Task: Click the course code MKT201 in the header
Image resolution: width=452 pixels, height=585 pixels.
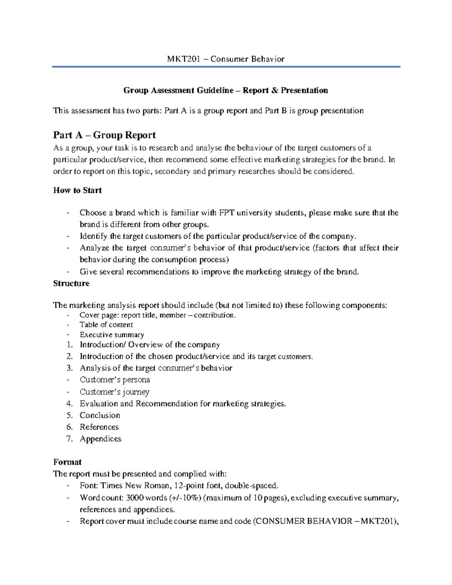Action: click(x=183, y=59)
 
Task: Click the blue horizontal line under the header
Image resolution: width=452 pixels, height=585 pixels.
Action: click(x=226, y=67)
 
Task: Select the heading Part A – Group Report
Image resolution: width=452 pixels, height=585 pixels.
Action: click(x=104, y=135)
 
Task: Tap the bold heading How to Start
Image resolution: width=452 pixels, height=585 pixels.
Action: click(x=77, y=190)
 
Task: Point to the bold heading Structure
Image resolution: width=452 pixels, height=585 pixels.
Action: click(x=71, y=283)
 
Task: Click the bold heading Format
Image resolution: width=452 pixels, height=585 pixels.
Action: click(x=67, y=462)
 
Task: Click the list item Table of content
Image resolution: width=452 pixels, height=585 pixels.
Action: click(x=106, y=325)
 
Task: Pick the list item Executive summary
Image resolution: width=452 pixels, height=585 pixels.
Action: click(x=112, y=335)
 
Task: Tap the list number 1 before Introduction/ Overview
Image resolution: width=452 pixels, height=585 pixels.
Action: click(x=69, y=345)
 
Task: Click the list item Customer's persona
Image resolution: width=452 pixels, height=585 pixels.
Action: click(x=115, y=380)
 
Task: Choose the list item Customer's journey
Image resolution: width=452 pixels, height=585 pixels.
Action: click(x=115, y=392)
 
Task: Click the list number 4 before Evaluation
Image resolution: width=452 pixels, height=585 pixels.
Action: click(x=69, y=404)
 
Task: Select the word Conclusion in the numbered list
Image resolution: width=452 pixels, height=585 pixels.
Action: click(x=100, y=415)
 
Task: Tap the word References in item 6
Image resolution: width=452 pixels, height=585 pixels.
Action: click(x=99, y=427)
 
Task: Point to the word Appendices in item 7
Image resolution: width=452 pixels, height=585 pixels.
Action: click(x=101, y=438)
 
